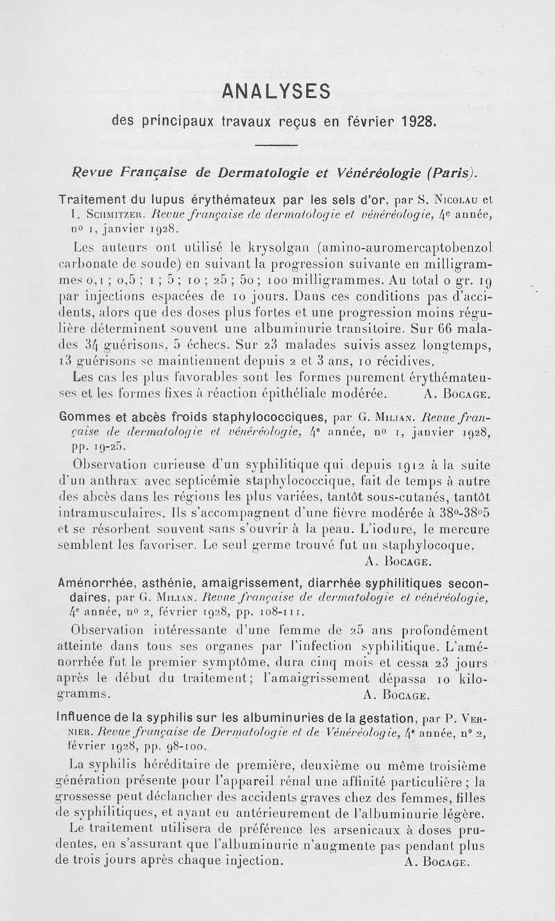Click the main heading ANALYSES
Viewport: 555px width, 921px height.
[277, 91]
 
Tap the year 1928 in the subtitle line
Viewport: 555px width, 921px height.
[418, 122]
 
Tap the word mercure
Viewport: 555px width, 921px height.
[463, 530]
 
